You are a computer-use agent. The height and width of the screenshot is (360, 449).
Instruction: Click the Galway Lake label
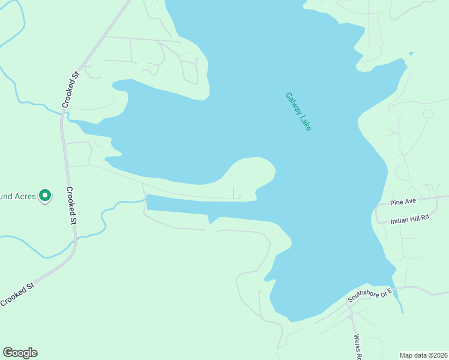coord(298,112)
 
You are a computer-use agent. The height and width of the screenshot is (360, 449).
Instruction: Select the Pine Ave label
coord(402,203)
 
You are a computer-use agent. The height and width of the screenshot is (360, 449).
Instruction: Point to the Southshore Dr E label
coord(370,296)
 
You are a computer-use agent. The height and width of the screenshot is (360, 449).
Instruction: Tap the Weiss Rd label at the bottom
coord(358,347)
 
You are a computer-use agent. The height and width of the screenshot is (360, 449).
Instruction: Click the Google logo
coord(20,353)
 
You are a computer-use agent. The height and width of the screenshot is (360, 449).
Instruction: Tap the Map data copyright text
coord(424,355)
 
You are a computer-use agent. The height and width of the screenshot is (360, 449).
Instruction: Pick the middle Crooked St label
coord(71,206)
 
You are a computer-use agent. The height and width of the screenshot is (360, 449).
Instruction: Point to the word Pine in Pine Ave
coord(396,203)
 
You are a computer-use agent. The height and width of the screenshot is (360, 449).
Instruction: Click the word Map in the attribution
coord(407,355)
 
